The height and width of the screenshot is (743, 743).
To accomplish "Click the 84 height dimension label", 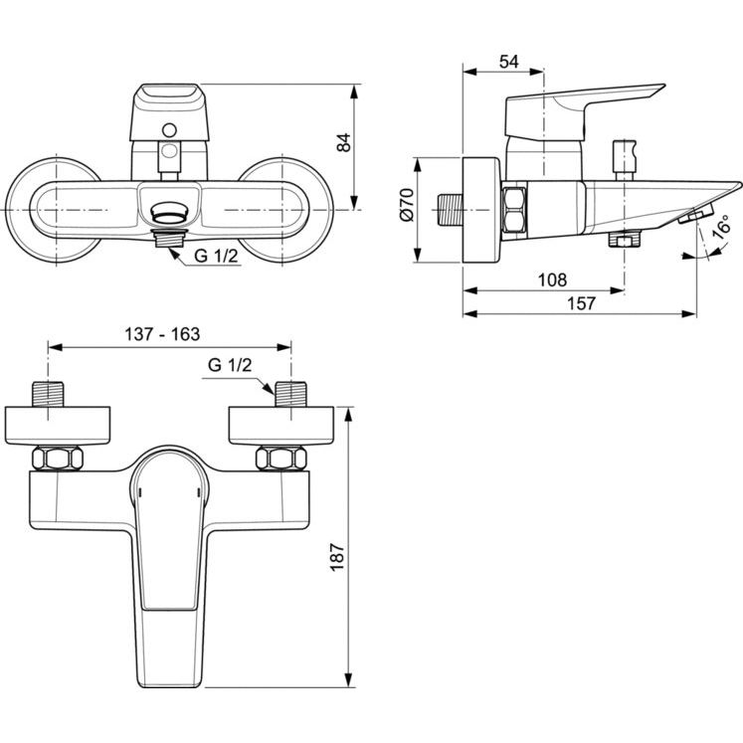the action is click(x=344, y=142).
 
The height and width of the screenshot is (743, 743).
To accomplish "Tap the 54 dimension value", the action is click(x=509, y=62).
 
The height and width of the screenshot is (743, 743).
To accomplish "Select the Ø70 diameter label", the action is click(x=407, y=205).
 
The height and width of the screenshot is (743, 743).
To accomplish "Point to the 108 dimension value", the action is click(x=552, y=280).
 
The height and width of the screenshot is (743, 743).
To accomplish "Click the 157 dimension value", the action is click(x=582, y=303).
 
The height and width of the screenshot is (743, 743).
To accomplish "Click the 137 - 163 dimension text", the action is click(x=162, y=334).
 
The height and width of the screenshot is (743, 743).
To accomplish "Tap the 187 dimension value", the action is click(x=337, y=557).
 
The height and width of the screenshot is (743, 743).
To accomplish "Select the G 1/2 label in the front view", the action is click(x=216, y=256).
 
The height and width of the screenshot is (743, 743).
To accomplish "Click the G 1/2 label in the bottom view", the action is click(x=230, y=365).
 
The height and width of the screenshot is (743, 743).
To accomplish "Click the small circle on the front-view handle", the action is click(x=169, y=130).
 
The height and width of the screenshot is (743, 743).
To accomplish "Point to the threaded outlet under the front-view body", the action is click(x=169, y=236).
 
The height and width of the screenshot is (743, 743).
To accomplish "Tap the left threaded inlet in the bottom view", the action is click(x=48, y=394).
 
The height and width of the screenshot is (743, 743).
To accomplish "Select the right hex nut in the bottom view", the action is click(x=281, y=459).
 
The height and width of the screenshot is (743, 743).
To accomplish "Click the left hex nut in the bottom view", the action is click(x=58, y=459).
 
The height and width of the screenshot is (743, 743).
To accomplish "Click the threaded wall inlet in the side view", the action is click(x=450, y=209).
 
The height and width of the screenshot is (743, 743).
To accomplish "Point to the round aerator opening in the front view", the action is click(x=169, y=212).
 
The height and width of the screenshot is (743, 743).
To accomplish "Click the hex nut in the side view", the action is click(x=513, y=210).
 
